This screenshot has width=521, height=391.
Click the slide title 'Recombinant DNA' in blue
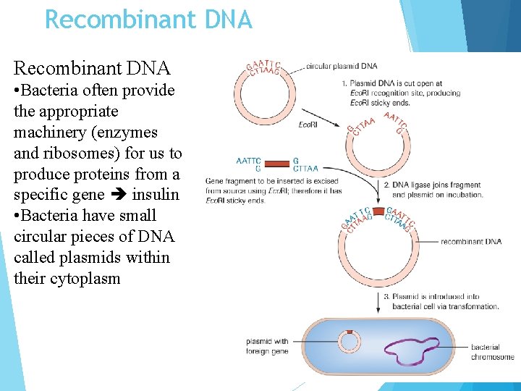[x=148, y=19]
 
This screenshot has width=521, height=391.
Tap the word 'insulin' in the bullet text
[x=156, y=195]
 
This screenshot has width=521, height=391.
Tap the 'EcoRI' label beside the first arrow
[x=308, y=125]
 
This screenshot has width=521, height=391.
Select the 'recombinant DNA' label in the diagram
[x=471, y=241]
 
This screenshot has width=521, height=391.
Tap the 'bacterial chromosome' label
[x=492, y=352]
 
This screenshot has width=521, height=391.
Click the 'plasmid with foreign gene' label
[x=267, y=346]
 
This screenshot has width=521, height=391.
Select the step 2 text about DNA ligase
[x=433, y=190]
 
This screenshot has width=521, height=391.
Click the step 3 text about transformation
[x=441, y=301]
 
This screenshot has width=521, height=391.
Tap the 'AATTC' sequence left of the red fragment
[x=249, y=161]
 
